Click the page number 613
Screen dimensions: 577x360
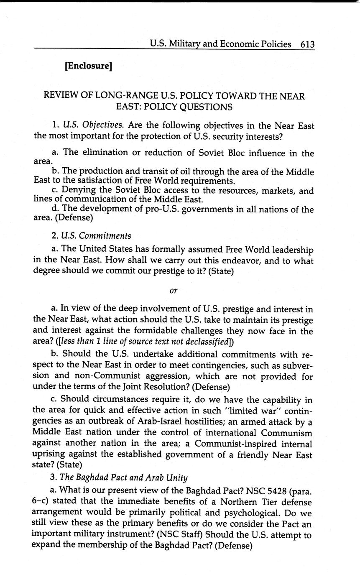(307, 44)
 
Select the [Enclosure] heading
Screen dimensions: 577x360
(88, 66)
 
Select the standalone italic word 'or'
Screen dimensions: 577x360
(174, 290)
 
